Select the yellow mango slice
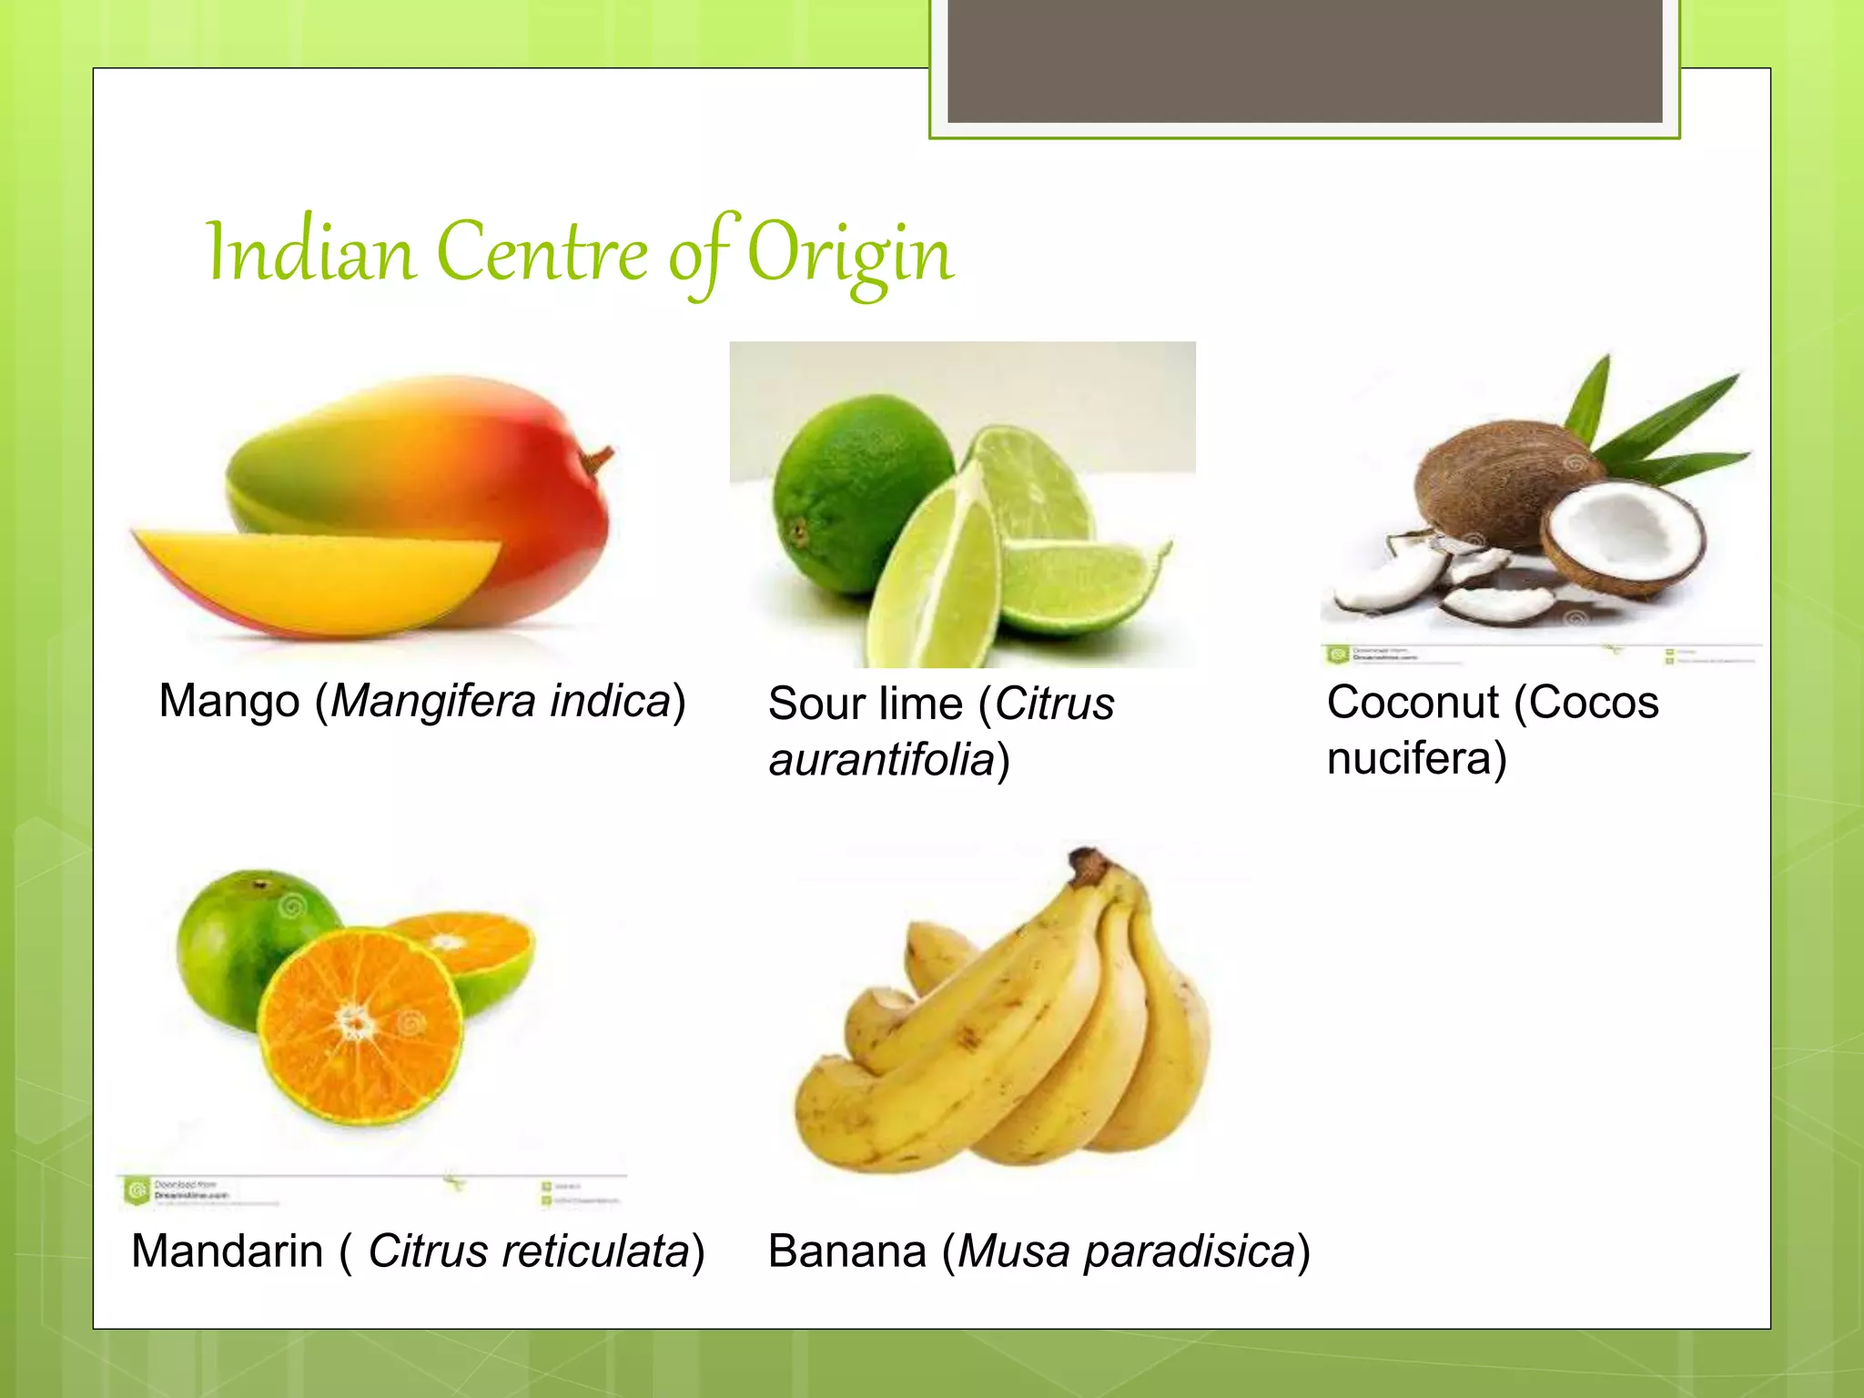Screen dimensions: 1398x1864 319,578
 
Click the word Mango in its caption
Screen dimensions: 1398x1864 229,702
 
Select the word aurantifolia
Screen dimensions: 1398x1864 881,760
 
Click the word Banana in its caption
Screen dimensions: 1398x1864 847,1251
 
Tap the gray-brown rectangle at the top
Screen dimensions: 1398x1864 1304,60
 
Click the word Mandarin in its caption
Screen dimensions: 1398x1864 228,1251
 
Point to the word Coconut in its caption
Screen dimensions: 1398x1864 1412,703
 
